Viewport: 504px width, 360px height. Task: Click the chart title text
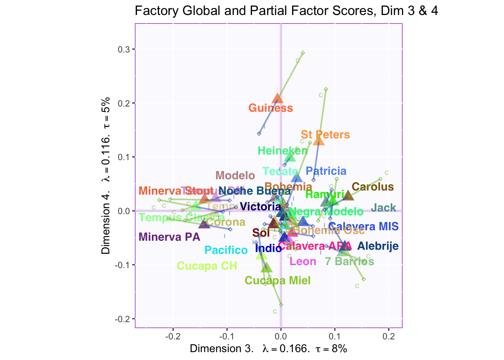286,11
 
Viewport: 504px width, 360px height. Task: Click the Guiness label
270,108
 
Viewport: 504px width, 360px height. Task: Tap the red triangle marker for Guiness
277,99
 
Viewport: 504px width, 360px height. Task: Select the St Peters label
325,135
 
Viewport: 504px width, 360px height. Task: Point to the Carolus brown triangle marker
348,195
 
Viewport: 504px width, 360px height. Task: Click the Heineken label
283,151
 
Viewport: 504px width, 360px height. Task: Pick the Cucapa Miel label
277,280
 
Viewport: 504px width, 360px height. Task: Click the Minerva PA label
169,237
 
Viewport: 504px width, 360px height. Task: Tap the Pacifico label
226,250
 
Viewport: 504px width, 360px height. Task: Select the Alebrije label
378,246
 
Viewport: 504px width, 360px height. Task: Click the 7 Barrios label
349,261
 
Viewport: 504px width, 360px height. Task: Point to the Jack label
383,208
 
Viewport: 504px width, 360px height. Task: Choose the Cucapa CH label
207,266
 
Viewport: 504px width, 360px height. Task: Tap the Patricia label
326,171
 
